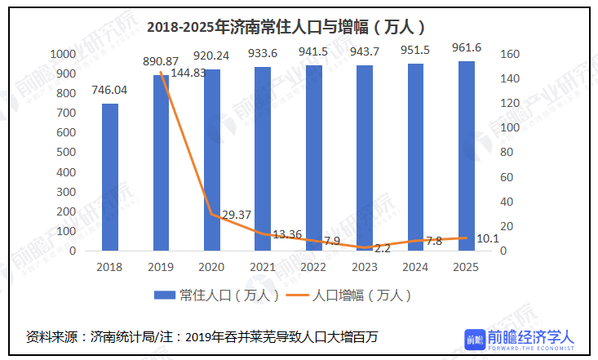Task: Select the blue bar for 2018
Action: [x=109, y=177]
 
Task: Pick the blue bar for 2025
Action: [x=466, y=156]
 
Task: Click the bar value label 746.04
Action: [x=109, y=90]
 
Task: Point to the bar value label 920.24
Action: [x=210, y=56]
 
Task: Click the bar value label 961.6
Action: [x=467, y=48]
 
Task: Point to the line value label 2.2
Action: [x=383, y=248]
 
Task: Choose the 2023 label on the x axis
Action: [x=364, y=267]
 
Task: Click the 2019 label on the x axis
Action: [x=160, y=267]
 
